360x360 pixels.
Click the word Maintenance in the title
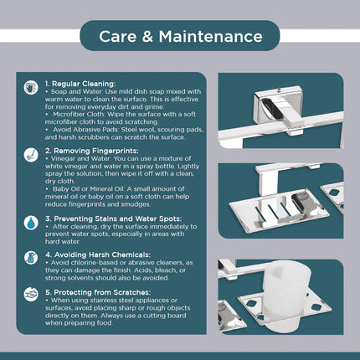pos(211,37)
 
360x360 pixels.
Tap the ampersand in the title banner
pos(147,37)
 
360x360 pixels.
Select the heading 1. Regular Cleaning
pos(80,84)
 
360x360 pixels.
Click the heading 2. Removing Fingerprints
pos(92,151)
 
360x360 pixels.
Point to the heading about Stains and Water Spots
pos(114,219)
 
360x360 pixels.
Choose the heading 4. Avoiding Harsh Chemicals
pos(98,255)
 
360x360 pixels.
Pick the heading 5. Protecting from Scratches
pos(98,292)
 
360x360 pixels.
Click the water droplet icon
pos(31,223)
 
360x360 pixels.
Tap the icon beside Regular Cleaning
pos(31,88)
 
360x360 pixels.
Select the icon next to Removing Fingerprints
pos(31,155)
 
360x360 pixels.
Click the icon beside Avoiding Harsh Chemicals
pos(31,258)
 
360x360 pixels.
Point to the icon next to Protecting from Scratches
pos(31,295)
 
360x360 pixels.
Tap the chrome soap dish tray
pos(279,208)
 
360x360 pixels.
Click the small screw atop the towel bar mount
pos(278,90)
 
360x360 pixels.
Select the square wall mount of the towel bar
pos(278,105)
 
